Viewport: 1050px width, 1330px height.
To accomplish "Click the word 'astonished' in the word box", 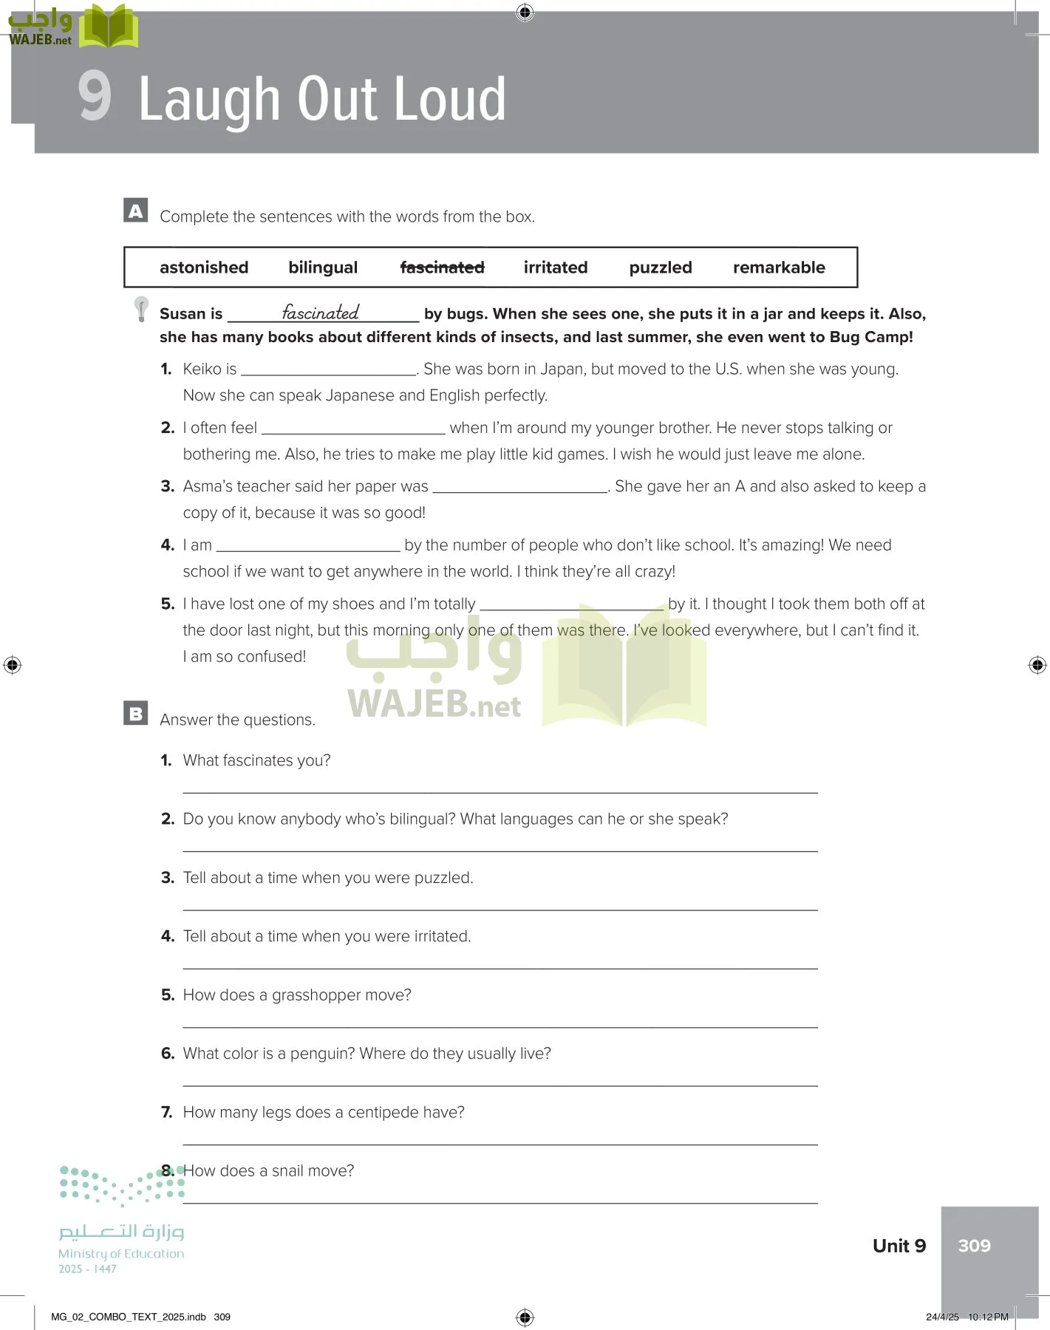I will click(x=204, y=267).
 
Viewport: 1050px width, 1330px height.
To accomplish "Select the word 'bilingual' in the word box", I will click(x=323, y=267).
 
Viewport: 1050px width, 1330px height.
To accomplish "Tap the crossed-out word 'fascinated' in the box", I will click(x=442, y=267).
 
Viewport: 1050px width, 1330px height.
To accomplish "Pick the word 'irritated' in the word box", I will click(x=556, y=267).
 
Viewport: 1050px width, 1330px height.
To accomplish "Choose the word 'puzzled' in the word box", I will click(x=661, y=267).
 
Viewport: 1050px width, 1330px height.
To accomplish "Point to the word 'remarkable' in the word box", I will click(x=779, y=267).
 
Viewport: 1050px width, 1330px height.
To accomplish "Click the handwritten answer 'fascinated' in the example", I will click(x=321, y=313).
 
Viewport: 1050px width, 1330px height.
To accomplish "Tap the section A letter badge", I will click(x=136, y=211).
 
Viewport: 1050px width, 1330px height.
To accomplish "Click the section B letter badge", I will click(x=136, y=713).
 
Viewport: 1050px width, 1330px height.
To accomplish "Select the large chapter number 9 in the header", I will click(x=95, y=96).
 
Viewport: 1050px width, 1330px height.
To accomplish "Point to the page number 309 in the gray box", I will click(x=974, y=1246).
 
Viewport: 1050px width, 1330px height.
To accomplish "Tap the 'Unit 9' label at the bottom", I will click(x=899, y=1246).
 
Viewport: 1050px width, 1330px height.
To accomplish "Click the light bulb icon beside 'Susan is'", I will click(x=141, y=309).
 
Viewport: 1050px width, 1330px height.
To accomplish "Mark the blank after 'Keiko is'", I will click(x=329, y=369).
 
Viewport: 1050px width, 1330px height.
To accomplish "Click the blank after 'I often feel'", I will click(x=353, y=429).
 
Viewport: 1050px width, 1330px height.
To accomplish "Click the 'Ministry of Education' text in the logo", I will click(x=121, y=1254).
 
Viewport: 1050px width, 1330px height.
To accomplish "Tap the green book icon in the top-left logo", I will click(x=109, y=27).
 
